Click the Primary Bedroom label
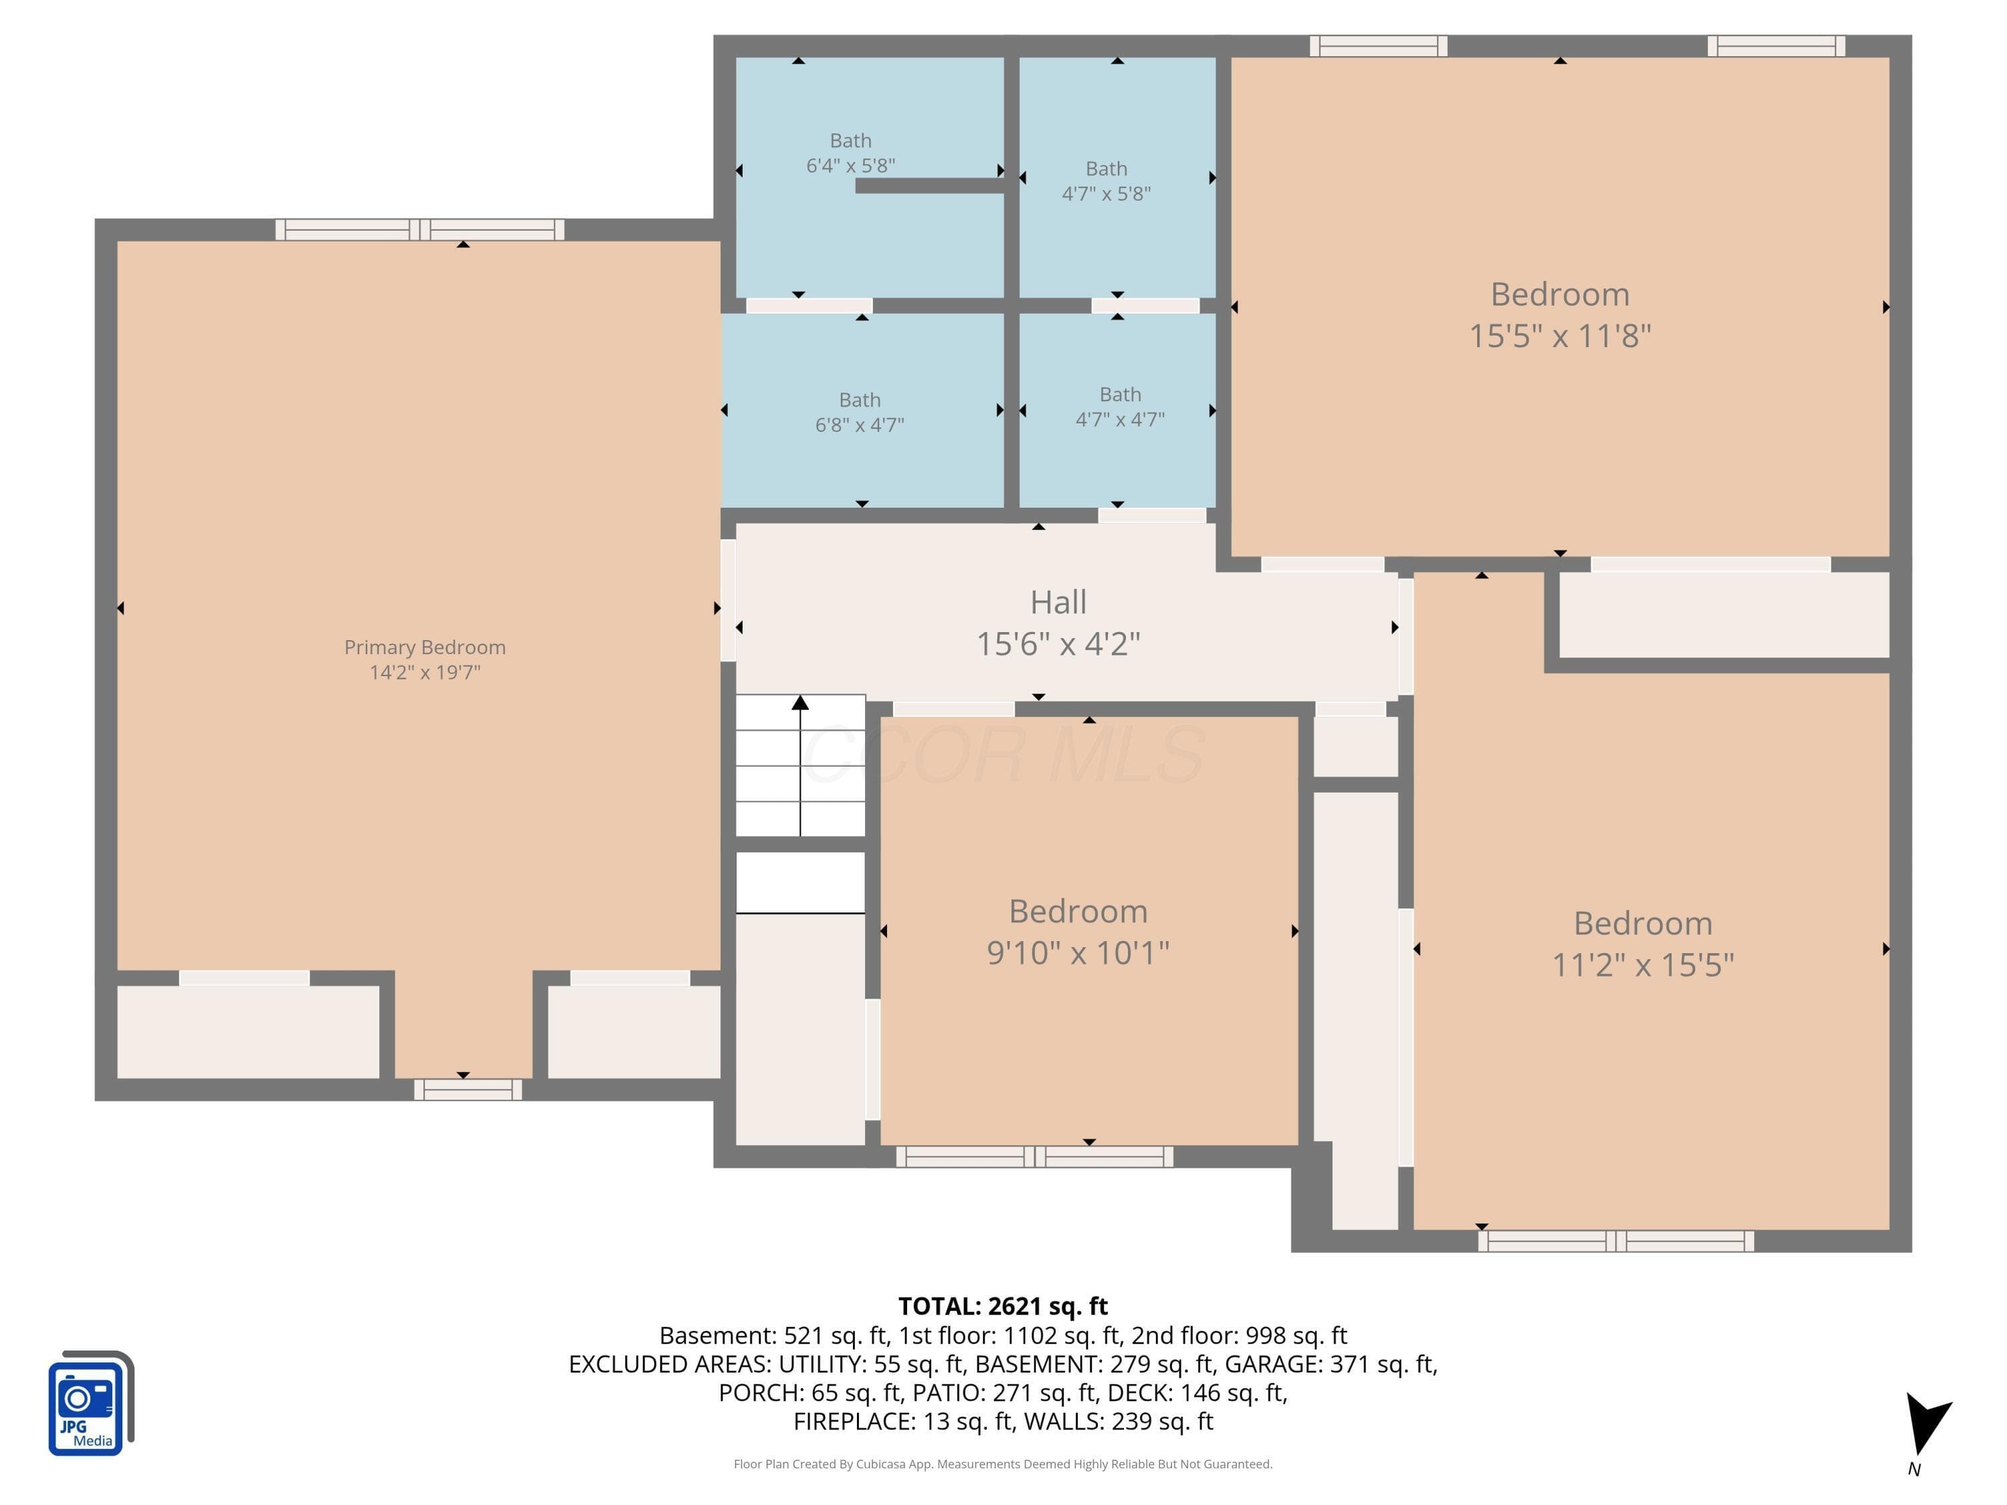pyautogui.click(x=425, y=647)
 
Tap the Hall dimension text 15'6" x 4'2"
pyautogui.click(x=1058, y=643)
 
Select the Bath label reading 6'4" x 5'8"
pyautogui.click(x=850, y=153)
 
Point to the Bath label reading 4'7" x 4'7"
pyautogui.click(x=1120, y=407)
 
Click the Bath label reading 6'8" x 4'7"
pyautogui.click(x=859, y=412)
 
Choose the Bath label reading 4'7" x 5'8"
pyautogui.click(x=1106, y=181)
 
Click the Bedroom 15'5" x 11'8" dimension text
pyautogui.click(x=1559, y=336)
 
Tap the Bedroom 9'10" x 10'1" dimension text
pyautogui.click(x=1078, y=952)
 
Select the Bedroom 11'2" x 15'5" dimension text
pyautogui.click(x=1642, y=965)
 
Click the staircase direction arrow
pyautogui.click(x=800, y=765)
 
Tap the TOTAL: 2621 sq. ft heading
pyautogui.click(x=1003, y=1306)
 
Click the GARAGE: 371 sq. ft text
pyautogui.click(x=1330, y=1363)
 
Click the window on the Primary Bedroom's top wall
pyautogui.click(x=420, y=229)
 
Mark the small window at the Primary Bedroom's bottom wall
pyautogui.click(x=468, y=1090)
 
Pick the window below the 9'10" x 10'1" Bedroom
pyautogui.click(x=1034, y=1157)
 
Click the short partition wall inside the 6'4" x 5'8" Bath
pyautogui.click(x=930, y=186)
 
